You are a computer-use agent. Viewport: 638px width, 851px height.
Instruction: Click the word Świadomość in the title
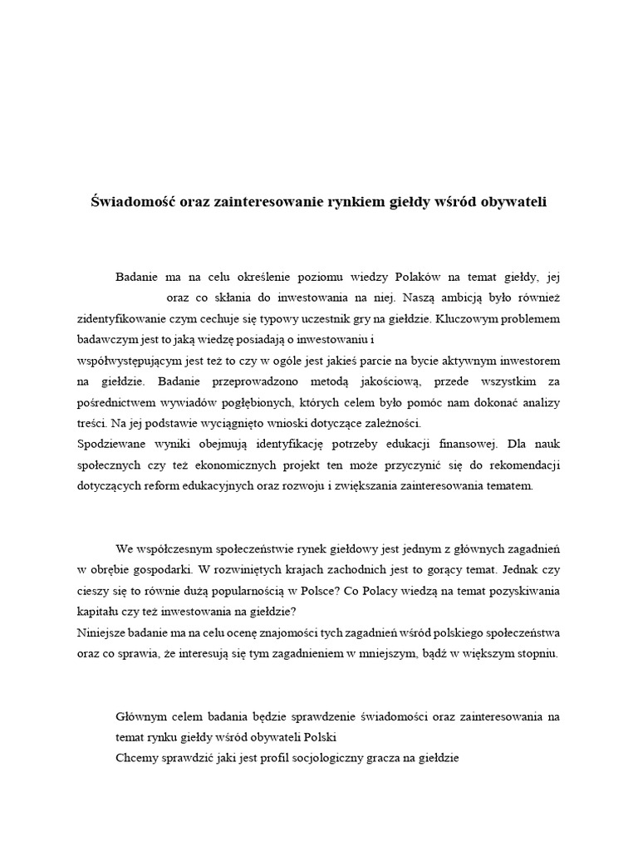pyautogui.click(x=128, y=202)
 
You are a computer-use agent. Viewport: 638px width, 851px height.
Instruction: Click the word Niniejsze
pyautogui.click(x=101, y=632)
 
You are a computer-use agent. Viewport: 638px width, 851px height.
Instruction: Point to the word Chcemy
pyautogui.click(x=136, y=758)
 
